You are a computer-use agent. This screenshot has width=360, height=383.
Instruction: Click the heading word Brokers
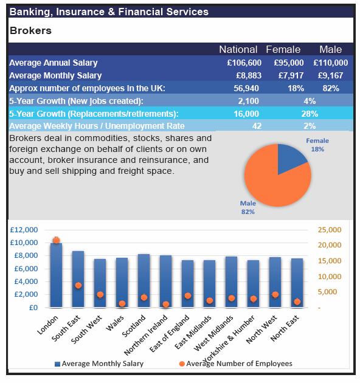click(x=30, y=31)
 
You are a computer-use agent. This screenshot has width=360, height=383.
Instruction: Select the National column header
click(x=238, y=50)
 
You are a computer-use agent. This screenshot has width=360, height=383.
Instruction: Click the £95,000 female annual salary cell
click(x=289, y=63)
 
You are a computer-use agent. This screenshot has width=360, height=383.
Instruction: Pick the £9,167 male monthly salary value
click(x=330, y=75)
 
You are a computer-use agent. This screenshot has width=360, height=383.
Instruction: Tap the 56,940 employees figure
click(x=246, y=88)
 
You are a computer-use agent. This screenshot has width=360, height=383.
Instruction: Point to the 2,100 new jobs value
click(x=248, y=101)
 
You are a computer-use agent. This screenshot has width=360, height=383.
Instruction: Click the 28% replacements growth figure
click(x=310, y=114)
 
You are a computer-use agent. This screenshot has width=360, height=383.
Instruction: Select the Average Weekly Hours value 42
click(x=257, y=126)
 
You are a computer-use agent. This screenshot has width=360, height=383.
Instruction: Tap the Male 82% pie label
click(x=248, y=207)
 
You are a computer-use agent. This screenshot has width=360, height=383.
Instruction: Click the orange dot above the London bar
click(x=56, y=240)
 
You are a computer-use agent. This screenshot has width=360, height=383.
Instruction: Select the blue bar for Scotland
click(x=144, y=281)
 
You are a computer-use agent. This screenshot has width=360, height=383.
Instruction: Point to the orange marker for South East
click(x=78, y=286)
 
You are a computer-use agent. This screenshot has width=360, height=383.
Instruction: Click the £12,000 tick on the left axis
click(x=24, y=230)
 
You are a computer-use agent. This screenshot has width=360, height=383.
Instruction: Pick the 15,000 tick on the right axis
click(x=330, y=261)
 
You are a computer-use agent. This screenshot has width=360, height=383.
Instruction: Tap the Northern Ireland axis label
click(x=146, y=335)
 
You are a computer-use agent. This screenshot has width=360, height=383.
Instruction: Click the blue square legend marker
click(x=57, y=364)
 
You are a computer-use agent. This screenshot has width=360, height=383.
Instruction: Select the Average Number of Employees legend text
click(x=239, y=364)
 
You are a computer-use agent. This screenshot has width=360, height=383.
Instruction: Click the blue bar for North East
click(x=297, y=283)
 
